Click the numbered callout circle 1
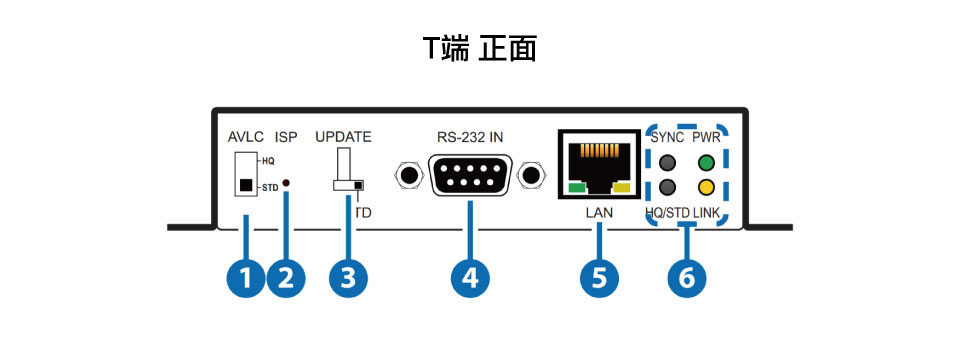(x=246, y=279)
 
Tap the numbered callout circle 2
(x=286, y=279)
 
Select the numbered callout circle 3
(x=348, y=279)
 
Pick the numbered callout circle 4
(x=470, y=279)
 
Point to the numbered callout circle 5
(x=599, y=279)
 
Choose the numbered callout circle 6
(x=686, y=279)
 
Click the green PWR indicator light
(x=707, y=163)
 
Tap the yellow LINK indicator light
(x=707, y=186)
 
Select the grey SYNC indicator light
(x=667, y=163)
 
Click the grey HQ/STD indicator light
(x=667, y=186)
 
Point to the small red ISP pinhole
(x=285, y=183)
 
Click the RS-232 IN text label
(x=470, y=137)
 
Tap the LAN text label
(x=599, y=213)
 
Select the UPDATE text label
(x=343, y=137)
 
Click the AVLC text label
(x=245, y=137)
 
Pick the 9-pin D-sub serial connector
(x=470, y=175)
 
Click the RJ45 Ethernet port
(x=598, y=165)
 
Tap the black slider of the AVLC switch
(x=246, y=185)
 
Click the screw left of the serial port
(x=408, y=176)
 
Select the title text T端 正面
(x=479, y=49)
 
